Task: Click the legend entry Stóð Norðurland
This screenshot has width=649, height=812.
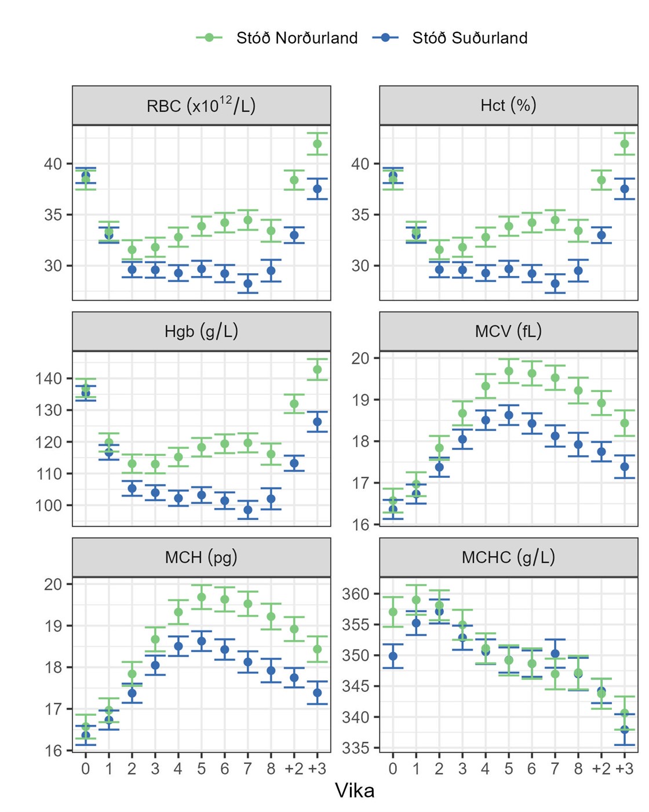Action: coord(297,38)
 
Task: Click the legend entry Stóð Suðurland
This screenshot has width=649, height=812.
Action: coord(469,38)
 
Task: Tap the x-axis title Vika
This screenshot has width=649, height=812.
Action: coord(355,791)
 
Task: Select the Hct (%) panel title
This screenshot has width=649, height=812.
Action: coord(508,105)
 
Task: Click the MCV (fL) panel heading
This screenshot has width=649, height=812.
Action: coord(508,331)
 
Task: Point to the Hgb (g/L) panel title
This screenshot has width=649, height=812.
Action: coord(201,331)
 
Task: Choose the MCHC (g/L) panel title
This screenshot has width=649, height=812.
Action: coord(508,557)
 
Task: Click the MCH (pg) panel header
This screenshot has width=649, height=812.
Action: coord(201,557)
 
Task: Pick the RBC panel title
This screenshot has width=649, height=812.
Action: coord(201,106)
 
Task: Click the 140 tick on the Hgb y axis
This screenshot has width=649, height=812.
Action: coord(49,379)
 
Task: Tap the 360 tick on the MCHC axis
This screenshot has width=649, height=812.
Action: coord(355,594)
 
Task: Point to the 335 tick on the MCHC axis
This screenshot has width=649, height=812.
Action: coord(355,748)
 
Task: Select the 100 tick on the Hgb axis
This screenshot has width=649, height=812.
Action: coord(49,505)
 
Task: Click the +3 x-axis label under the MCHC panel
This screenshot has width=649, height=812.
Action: coord(624,769)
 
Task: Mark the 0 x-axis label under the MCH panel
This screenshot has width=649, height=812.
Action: coord(86,769)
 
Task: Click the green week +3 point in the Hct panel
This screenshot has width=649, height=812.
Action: coord(625,144)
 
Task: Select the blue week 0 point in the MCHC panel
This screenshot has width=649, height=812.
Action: coord(393,657)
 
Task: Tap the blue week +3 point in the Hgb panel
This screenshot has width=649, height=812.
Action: coord(318,422)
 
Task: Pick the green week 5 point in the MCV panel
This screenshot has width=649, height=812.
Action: coord(509,371)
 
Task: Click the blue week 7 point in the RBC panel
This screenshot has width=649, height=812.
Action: coord(248,284)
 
